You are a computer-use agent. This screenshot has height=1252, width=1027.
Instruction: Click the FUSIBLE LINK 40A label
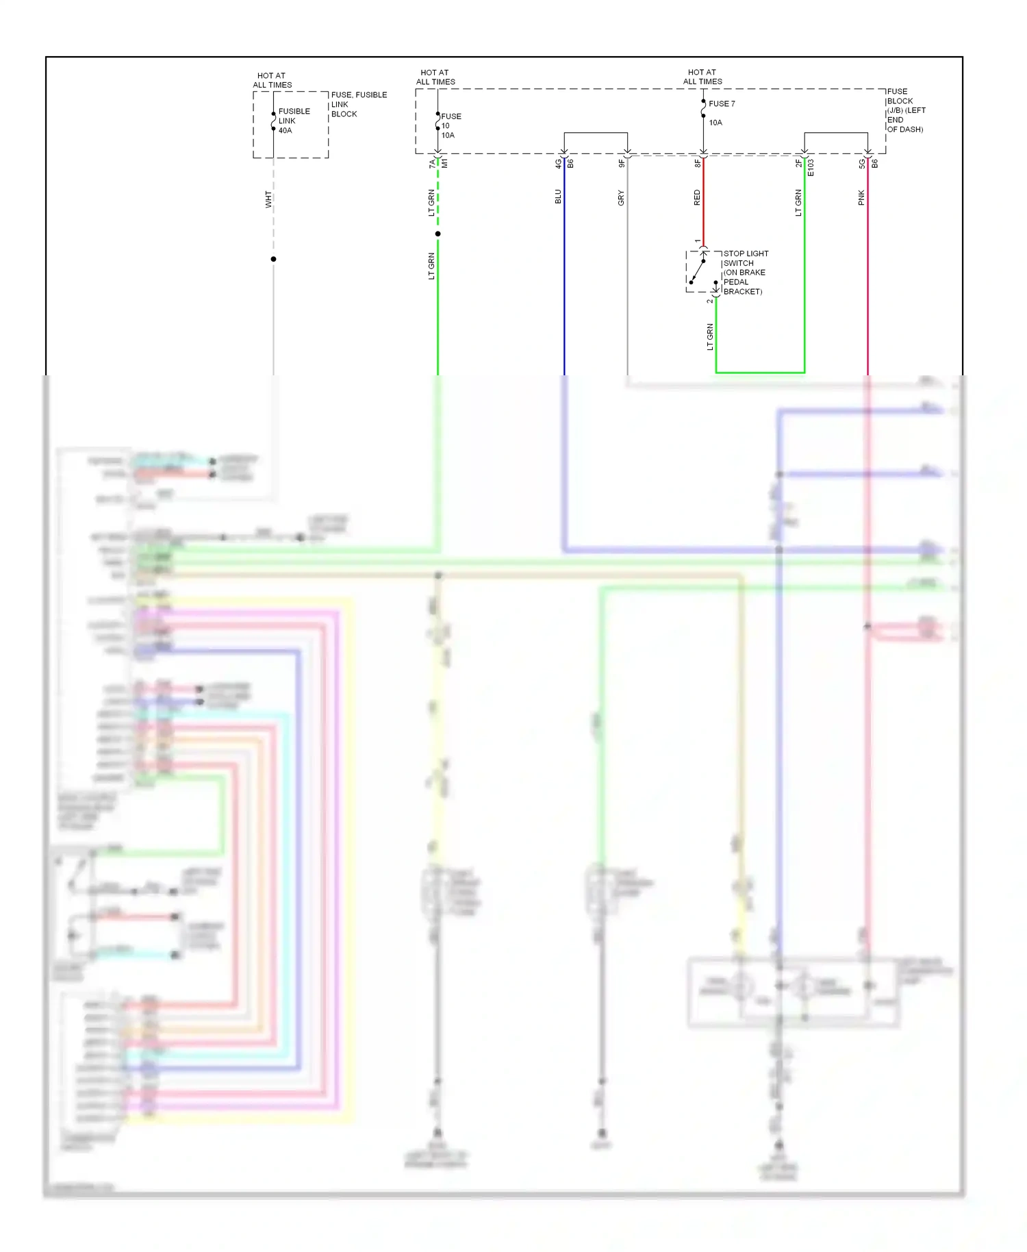pos(294,121)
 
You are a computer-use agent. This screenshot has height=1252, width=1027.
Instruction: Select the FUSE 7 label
pos(722,103)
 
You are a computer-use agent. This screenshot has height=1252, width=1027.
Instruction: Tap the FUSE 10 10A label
pos(451,125)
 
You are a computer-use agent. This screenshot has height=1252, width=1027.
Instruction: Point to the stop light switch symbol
pos(702,271)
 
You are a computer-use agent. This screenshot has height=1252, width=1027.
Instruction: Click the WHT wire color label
pos(268,199)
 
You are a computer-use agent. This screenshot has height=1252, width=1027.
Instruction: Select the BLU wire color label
pos(558,197)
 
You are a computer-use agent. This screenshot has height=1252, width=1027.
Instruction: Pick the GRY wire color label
pos(621,198)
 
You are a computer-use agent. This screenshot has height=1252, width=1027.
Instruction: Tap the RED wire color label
pos(697,198)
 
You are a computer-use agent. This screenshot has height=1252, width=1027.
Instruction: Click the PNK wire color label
pos(861,198)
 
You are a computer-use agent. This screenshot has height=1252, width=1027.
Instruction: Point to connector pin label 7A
pos(432,164)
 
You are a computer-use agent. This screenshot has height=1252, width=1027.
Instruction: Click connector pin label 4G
pos(558,164)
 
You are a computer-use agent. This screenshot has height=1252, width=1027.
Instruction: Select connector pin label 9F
pos(621,164)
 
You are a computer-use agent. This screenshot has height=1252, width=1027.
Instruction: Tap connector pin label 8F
pos(697,164)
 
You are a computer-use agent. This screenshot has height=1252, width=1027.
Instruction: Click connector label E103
pos(811,167)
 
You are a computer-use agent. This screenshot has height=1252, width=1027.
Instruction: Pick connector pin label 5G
pos(861,164)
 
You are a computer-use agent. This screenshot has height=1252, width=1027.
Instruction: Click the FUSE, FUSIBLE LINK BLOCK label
pos(358,104)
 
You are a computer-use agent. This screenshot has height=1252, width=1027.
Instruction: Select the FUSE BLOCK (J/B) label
pos(905,110)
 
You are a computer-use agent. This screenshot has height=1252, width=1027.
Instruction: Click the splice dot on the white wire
pos(273,259)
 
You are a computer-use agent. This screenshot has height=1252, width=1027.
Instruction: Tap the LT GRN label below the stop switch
pos(710,337)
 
